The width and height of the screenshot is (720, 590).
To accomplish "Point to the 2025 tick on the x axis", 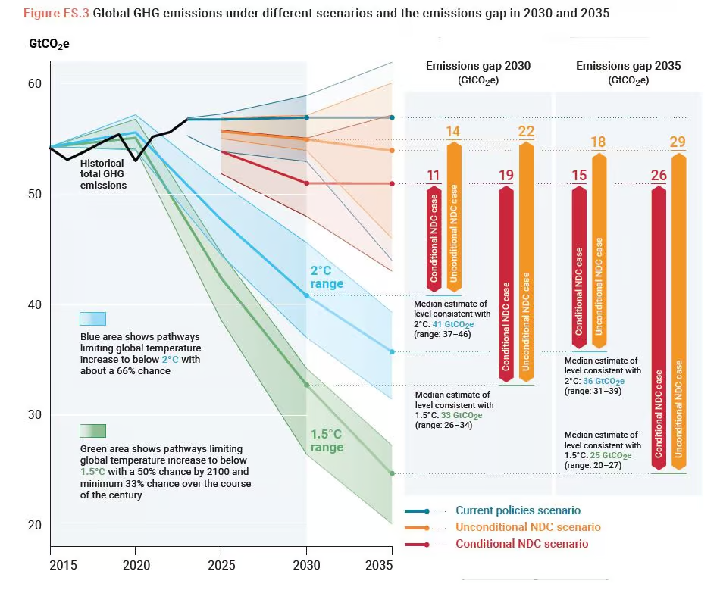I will point(221,565).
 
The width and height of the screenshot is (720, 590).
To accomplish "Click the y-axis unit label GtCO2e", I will point(49,44).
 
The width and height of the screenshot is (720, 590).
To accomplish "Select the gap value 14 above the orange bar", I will point(452,132).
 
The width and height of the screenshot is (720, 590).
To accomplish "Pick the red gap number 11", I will point(433,176).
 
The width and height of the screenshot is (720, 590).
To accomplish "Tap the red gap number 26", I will point(659,176).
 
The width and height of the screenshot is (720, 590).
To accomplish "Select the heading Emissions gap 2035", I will point(628,66).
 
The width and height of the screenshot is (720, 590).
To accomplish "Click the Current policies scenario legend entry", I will point(518,510).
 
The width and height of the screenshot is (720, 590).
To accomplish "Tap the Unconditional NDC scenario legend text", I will point(527,527).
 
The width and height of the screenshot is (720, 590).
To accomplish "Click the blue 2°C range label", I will point(327,277).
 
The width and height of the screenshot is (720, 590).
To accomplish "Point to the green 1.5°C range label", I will point(327,441).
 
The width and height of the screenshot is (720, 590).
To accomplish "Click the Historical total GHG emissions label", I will point(104,174).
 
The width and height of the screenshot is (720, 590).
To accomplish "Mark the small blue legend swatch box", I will point(92,319).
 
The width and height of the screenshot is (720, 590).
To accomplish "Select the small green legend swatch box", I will point(92,431).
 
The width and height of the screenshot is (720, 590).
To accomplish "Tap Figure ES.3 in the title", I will point(56,14).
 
